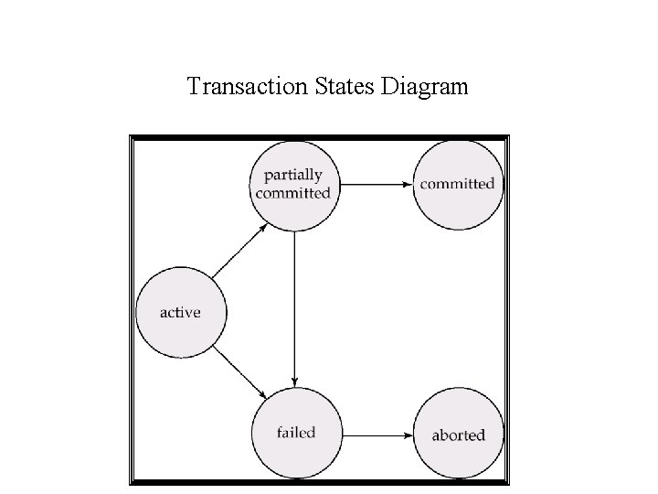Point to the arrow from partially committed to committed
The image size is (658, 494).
click(375, 184)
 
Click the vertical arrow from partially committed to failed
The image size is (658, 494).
click(294, 306)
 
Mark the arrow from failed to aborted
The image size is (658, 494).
click(375, 434)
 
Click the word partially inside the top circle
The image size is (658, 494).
click(293, 176)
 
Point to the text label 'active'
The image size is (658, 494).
click(180, 312)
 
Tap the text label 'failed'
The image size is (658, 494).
click(295, 432)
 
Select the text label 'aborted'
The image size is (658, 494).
click(458, 435)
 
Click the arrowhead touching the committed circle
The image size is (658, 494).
click(408, 184)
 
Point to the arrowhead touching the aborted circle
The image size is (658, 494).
click(408, 434)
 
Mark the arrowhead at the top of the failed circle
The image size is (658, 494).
click(294, 381)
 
